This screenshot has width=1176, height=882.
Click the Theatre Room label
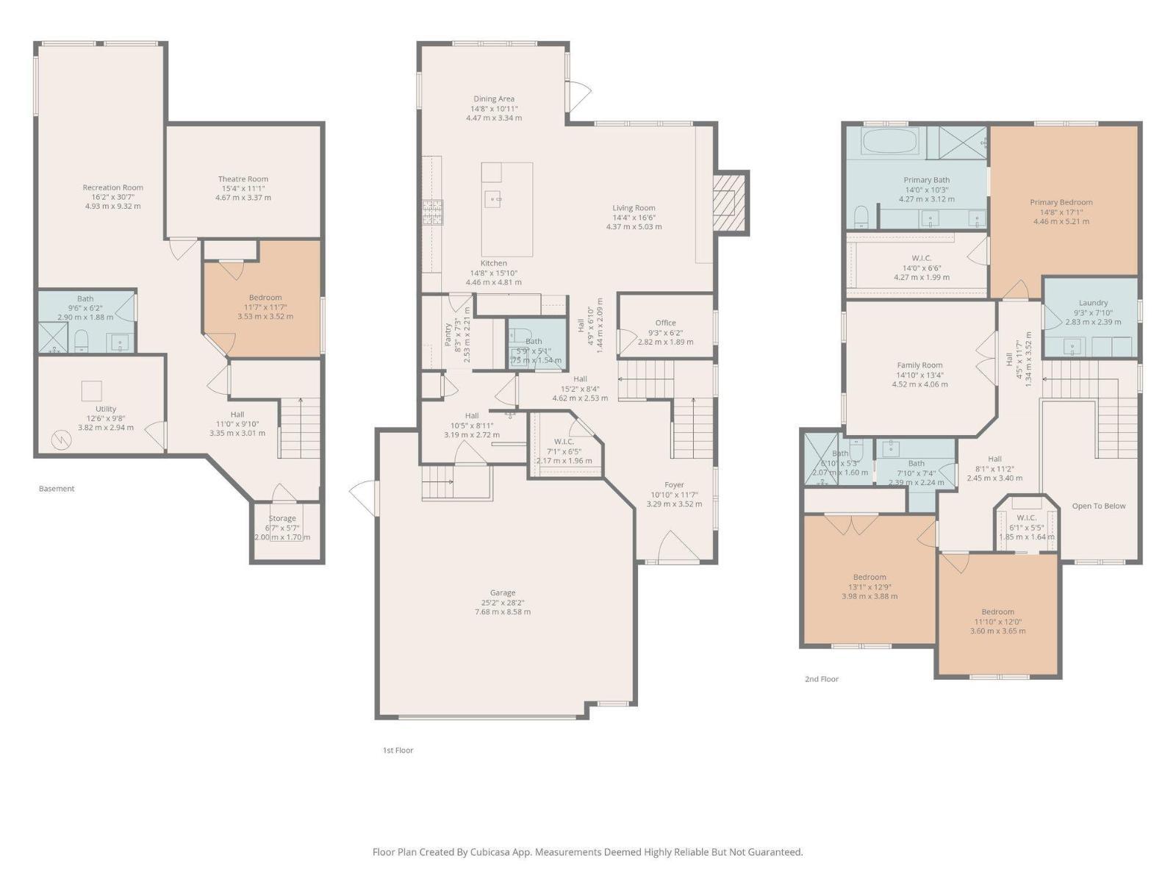(x=243, y=179)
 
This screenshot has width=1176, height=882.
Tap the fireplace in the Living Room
(x=730, y=202)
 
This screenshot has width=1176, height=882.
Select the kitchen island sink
(x=492, y=198)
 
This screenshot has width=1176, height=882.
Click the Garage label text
(x=503, y=592)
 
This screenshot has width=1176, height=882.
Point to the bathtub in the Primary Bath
(x=889, y=141)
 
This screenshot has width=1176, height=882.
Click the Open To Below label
(x=1098, y=506)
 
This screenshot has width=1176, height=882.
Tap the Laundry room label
(x=1093, y=303)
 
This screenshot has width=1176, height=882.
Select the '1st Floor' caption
(x=398, y=750)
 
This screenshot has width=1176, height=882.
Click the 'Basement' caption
(x=57, y=488)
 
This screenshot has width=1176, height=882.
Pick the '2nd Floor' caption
(x=821, y=679)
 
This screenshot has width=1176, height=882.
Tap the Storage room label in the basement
(x=282, y=518)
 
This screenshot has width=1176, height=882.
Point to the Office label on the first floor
(x=665, y=323)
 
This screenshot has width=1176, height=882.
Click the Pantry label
(x=448, y=334)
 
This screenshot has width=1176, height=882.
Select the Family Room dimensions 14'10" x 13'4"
(x=919, y=375)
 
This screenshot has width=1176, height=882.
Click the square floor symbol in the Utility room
(x=91, y=390)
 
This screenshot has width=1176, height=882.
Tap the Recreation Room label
(x=112, y=187)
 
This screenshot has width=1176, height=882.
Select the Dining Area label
(x=493, y=98)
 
